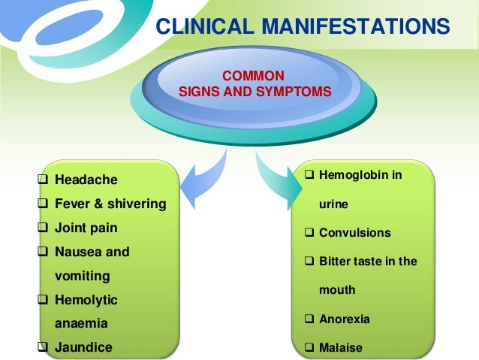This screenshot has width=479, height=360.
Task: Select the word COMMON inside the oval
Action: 255,76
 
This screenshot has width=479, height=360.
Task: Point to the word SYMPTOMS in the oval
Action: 293,92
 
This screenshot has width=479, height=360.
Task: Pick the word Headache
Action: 86,180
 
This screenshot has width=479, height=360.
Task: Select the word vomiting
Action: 83,276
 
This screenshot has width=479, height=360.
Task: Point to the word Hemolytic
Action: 86,300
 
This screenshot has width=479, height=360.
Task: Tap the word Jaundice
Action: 83,347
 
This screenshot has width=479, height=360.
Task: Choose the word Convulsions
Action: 355,233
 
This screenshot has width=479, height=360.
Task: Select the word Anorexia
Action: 345,319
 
